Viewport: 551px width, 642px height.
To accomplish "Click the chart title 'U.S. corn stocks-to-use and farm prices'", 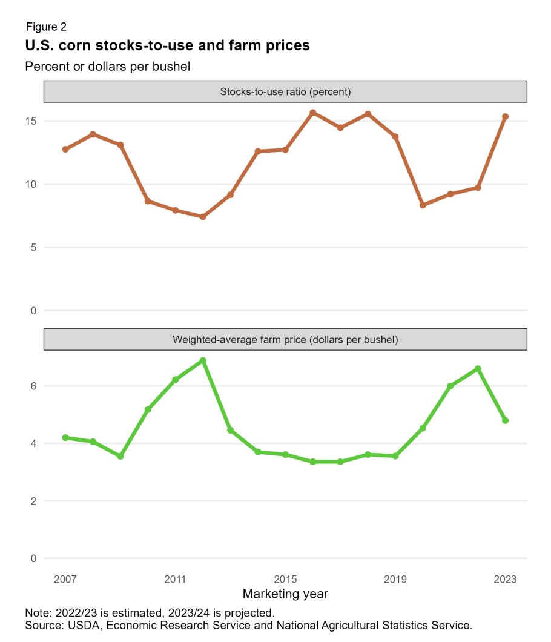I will (x=167, y=45).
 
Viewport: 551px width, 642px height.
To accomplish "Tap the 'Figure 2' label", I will (x=46, y=27).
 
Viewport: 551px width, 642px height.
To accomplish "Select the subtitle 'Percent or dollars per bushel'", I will (x=108, y=67).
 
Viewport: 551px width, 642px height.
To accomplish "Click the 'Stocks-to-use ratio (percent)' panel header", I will (x=285, y=92).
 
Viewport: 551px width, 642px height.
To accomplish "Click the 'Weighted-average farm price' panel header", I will (x=285, y=340).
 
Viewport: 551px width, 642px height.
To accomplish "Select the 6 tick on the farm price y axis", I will (x=33, y=386).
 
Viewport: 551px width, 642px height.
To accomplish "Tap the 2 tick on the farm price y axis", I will (x=33, y=501).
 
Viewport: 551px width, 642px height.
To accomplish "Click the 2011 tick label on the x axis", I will (x=175, y=579).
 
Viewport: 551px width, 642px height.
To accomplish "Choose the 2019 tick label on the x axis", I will (x=395, y=579).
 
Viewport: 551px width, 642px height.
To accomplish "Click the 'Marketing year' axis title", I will (x=285, y=594).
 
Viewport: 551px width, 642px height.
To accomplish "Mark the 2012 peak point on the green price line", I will (x=203, y=360).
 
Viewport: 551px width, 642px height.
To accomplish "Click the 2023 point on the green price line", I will (x=505, y=420).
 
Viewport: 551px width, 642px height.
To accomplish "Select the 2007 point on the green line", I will (x=65, y=437).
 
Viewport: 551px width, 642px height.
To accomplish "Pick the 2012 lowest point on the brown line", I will (x=203, y=217).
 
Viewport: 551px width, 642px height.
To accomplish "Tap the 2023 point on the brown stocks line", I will (x=505, y=117).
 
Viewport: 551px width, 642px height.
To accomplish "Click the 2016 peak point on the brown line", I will (x=313, y=113).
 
